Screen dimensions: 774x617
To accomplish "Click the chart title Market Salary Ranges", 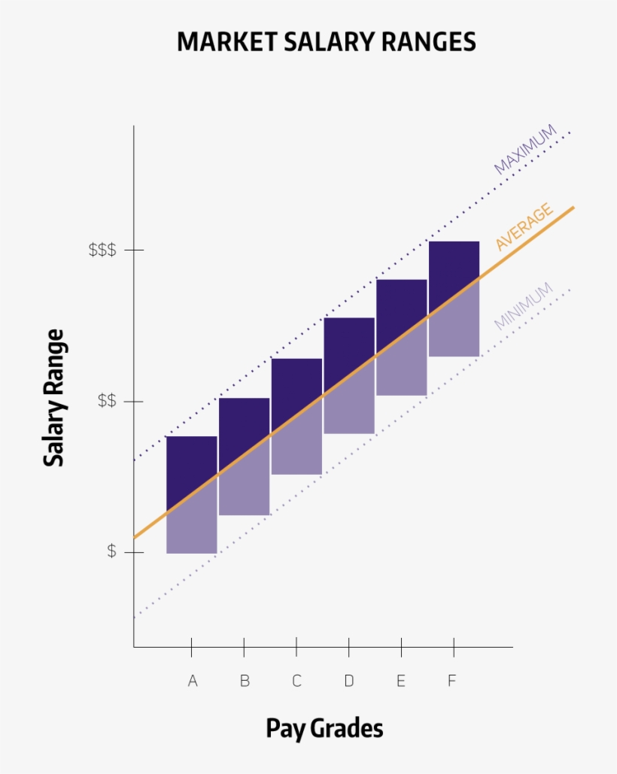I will click(326, 41).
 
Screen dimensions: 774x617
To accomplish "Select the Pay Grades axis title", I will click(324, 728).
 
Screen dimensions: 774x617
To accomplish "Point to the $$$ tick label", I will click(102, 250).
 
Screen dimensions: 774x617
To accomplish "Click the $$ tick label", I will click(107, 401).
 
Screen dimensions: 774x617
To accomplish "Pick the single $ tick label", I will click(111, 551).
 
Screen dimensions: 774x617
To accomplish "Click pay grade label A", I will click(193, 681).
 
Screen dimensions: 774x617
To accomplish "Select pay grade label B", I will click(245, 681).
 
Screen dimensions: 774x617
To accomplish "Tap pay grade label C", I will click(296, 681).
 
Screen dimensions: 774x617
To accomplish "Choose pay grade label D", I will click(349, 681).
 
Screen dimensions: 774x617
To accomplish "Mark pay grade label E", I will click(401, 681).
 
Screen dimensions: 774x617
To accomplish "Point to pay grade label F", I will click(452, 681).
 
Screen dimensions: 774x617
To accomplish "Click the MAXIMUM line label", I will click(525, 150).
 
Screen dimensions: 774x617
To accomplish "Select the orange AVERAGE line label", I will click(524, 227).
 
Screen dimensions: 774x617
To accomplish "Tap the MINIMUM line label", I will click(524, 305).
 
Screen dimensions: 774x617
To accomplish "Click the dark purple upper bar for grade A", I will click(191, 463).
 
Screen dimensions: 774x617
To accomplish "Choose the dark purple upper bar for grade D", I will click(349, 350).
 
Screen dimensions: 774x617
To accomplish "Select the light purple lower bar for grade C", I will click(296, 448).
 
